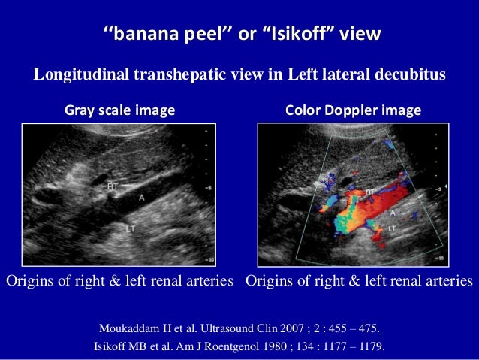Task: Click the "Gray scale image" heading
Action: (x=119, y=110)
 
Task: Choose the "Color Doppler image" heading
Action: (x=353, y=110)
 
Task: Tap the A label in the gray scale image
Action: (x=141, y=198)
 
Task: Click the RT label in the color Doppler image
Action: (x=370, y=193)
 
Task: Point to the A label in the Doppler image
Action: (x=392, y=213)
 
